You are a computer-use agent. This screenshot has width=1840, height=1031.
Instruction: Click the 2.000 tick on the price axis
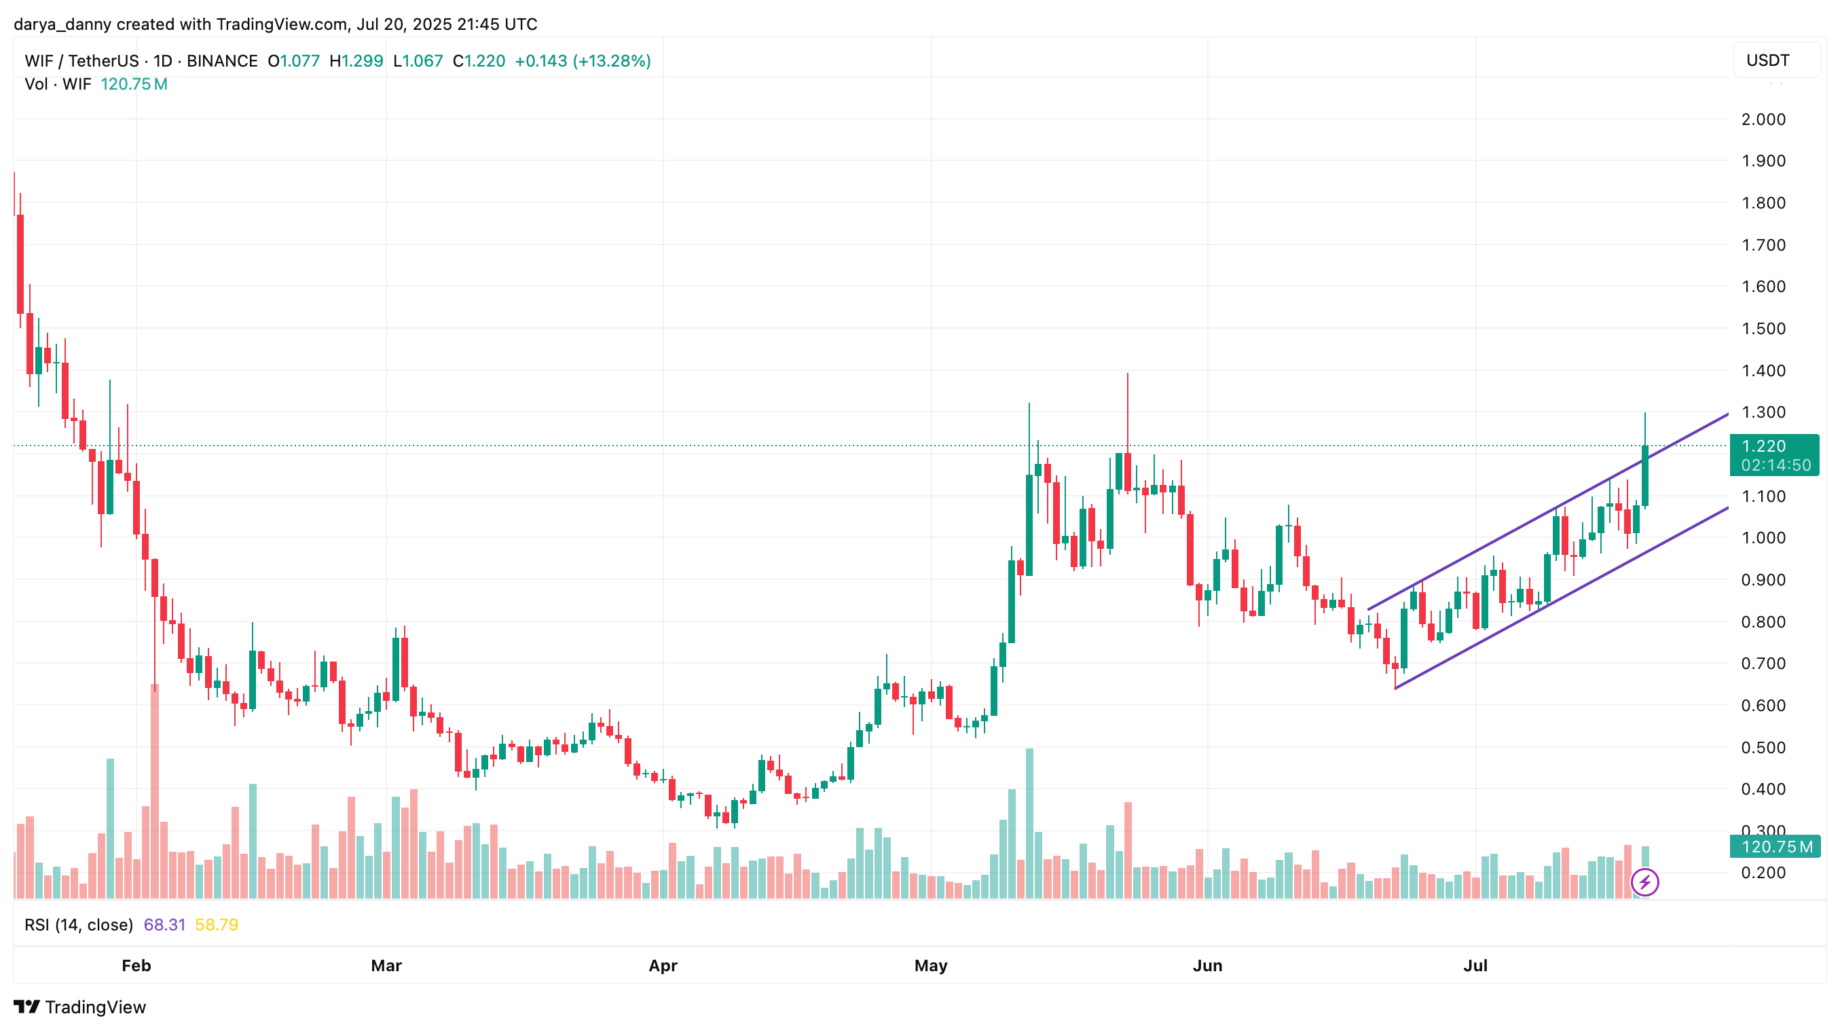[x=1763, y=120]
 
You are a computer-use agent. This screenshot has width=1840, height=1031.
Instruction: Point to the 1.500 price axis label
[x=1763, y=329]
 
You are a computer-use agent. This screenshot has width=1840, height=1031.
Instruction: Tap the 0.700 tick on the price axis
[x=1763, y=663]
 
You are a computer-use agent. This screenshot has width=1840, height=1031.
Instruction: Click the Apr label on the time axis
[x=662, y=965]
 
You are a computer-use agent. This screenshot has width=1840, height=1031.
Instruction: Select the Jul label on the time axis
[x=1475, y=965]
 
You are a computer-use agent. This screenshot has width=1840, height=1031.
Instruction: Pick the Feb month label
[x=136, y=965]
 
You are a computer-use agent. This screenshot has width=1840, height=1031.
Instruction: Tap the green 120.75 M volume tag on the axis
[x=1774, y=847]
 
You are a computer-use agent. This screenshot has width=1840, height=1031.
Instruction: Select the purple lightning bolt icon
[x=1644, y=882]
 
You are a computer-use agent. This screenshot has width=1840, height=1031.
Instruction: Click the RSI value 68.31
[x=164, y=924]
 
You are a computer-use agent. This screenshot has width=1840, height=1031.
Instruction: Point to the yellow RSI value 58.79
[x=217, y=924]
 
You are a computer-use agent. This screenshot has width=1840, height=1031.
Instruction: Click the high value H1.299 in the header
[x=356, y=60]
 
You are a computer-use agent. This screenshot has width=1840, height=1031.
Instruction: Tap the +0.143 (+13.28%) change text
[x=582, y=60]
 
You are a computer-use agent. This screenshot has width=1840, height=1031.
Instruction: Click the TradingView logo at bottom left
[x=80, y=1007]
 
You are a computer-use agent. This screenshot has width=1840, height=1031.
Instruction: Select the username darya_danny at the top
[x=62, y=24]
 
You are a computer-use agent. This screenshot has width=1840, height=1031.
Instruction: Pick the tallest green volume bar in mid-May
[x=1029, y=822]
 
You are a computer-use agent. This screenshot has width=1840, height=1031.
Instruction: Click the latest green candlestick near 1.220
[x=1645, y=475]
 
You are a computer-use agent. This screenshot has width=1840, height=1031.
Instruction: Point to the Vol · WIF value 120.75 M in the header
[x=134, y=84]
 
